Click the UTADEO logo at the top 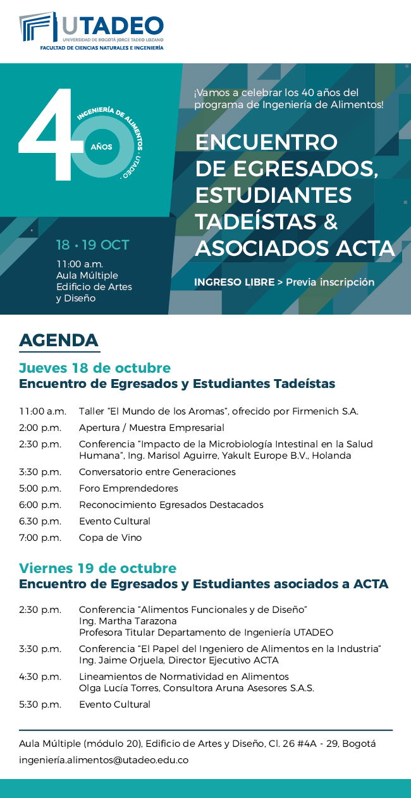[x=92, y=30]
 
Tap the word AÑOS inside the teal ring [x=101, y=147]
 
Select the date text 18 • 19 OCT [x=92, y=245]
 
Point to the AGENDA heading [x=59, y=341]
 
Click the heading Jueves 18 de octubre [x=95, y=368]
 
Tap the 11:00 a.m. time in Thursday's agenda [x=42, y=411]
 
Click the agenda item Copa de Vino [x=110, y=538]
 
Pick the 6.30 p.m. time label [x=40, y=521]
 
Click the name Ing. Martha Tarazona [x=128, y=621]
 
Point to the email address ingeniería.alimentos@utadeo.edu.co [x=104, y=760]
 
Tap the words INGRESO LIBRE [x=234, y=282]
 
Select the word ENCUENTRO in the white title [x=266, y=142]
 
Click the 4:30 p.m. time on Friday [x=40, y=677]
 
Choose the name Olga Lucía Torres [x=116, y=688]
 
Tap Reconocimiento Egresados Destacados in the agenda [x=171, y=505]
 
